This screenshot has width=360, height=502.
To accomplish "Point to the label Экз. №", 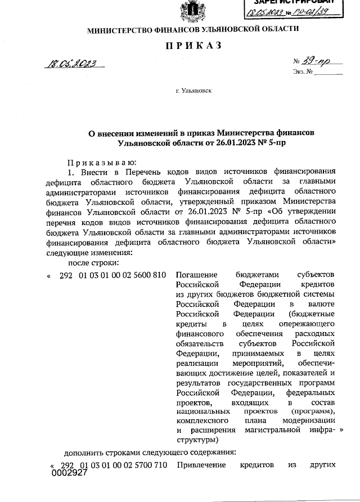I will point(303,71).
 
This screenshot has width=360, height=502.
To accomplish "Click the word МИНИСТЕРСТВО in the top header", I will point(118,29).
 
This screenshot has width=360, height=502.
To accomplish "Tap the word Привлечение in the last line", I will point(201,465).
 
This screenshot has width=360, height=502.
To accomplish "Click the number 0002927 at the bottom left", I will point(70,473).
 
